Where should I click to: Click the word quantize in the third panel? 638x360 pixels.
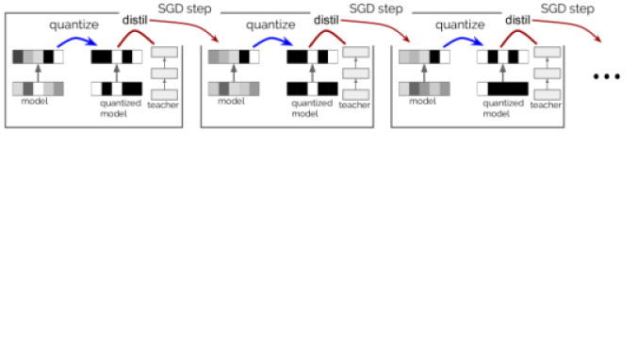(x=461, y=23)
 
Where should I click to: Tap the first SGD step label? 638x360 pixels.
(x=184, y=8)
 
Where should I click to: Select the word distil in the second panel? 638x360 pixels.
(x=326, y=20)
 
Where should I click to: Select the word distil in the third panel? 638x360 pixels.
(x=517, y=20)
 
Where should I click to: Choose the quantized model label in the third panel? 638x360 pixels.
(x=496, y=108)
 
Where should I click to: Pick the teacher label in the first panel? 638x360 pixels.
(x=163, y=105)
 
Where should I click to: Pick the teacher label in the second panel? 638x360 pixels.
(x=354, y=105)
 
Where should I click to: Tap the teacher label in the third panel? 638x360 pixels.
(x=546, y=105)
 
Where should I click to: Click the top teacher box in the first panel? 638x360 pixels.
(x=164, y=53)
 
